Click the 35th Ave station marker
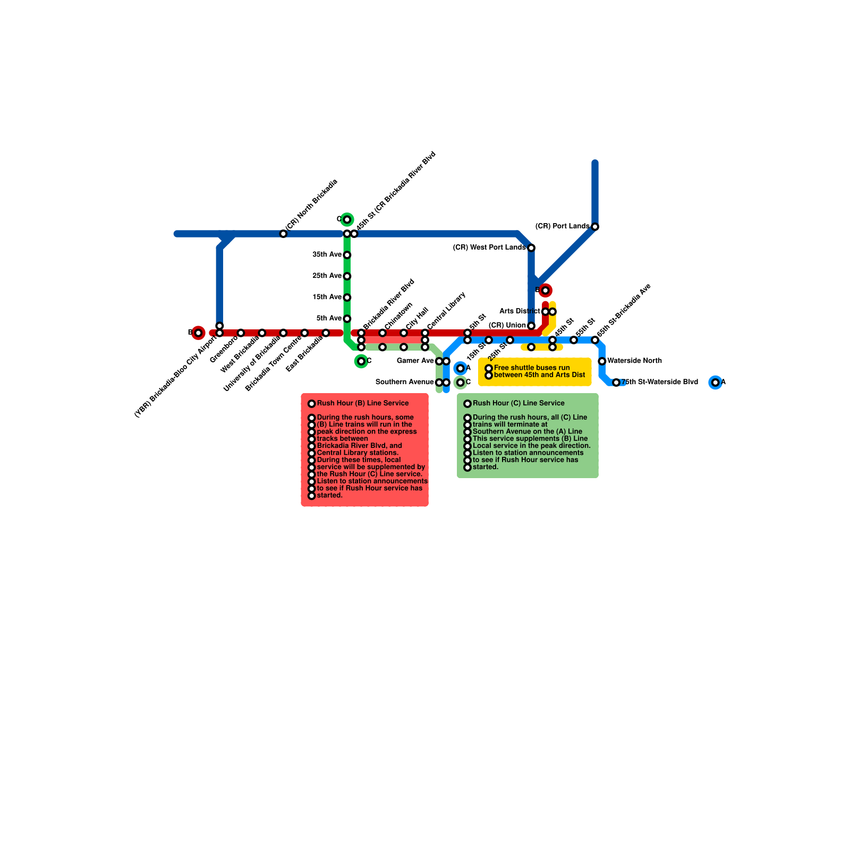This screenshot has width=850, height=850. [x=347, y=255]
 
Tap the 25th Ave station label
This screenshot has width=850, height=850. [x=327, y=276]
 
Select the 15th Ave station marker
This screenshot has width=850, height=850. [x=347, y=297]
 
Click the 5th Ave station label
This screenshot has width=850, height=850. [x=329, y=318]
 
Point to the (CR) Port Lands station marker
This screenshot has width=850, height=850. [x=595, y=227]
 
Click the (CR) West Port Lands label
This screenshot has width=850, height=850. [x=489, y=248]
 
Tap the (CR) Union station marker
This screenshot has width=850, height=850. [x=531, y=326]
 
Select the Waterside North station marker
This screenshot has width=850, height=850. [x=602, y=361]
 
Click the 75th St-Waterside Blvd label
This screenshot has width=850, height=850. [x=660, y=382]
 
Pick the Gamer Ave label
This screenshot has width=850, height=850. [x=415, y=361]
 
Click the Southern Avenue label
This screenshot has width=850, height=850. [x=404, y=382]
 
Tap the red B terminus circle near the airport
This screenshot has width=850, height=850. [x=198, y=333]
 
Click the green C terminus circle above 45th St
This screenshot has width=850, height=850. [x=347, y=219]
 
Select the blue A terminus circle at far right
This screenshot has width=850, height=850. [x=716, y=382]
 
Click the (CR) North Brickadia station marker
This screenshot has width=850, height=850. [x=283, y=234]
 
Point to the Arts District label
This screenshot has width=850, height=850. [x=520, y=311]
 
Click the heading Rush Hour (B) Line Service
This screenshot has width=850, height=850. [x=363, y=403]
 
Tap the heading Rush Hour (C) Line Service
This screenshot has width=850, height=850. [x=518, y=403]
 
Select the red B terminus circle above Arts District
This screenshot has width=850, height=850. [x=545, y=290]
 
